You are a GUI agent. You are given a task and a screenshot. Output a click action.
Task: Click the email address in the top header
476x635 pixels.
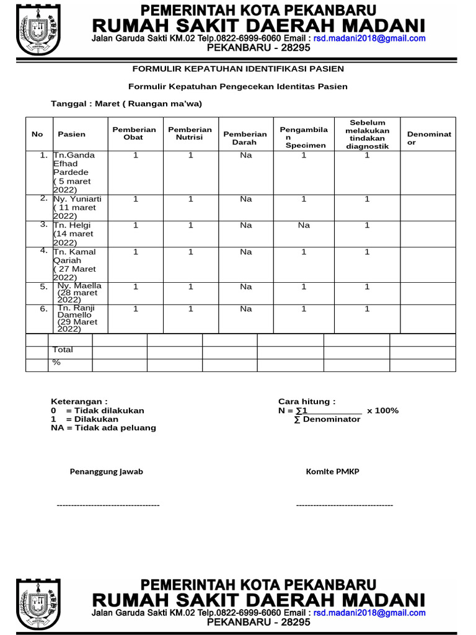pyautogui.click(x=369, y=38)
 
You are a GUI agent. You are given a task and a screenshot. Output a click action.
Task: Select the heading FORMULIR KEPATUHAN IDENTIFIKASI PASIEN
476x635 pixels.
pyautogui.click(x=238, y=69)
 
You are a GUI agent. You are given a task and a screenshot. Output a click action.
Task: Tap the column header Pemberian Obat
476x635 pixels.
pyautogui.click(x=133, y=133)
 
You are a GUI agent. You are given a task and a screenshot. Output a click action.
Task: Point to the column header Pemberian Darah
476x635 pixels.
pyautogui.click(x=245, y=138)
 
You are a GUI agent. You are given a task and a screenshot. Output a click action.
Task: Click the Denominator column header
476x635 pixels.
pyautogui.click(x=429, y=138)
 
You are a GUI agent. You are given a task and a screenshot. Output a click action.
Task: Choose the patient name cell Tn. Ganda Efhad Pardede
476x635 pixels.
pyautogui.click(x=72, y=172)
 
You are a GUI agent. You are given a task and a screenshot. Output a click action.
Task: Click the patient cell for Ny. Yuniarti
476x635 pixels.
pyautogui.click(x=77, y=207)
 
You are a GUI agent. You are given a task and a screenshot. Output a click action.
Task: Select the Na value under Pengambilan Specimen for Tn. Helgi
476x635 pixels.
pyautogui.click(x=303, y=225)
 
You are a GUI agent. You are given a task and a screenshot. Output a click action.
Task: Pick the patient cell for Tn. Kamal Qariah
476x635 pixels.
pyautogui.click(x=75, y=265)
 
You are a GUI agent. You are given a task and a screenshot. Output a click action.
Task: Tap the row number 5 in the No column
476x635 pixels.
pyautogui.click(x=43, y=286)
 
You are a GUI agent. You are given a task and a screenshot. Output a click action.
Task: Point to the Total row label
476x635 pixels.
pyautogui.click(x=63, y=350)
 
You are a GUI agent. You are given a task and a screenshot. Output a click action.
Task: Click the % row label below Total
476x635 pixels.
pyautogui.click(x=56, y=362)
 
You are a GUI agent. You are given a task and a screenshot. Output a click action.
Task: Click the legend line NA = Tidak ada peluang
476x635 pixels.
pyautogui.click(x=104, y=427)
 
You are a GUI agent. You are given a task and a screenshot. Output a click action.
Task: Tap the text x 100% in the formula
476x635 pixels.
pyautogui.click(x=382, y=411)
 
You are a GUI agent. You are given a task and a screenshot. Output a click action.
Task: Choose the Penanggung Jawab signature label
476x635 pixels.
pyautogui.click(x=106, y=471)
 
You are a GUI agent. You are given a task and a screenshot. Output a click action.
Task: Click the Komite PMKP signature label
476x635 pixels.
pyautogui.click(x=332, y=471)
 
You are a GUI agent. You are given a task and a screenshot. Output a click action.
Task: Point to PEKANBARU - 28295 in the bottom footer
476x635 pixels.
pyautogui.click(x=258, y=622)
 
